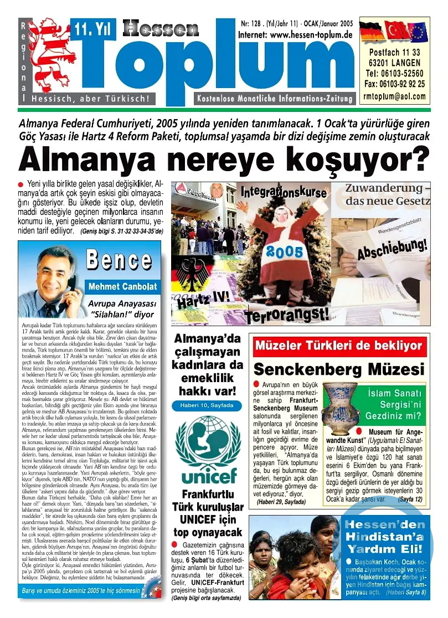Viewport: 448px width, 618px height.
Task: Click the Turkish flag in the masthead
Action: click(x=395, y=32)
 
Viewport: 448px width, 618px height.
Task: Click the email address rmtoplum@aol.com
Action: click(x=395, y=96)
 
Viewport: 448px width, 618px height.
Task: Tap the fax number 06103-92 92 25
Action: click(x=395, y=84)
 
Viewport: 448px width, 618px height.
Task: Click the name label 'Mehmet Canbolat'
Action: click(x=122, y=287)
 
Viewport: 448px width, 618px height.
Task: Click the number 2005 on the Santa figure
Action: click(x=284, y=252)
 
